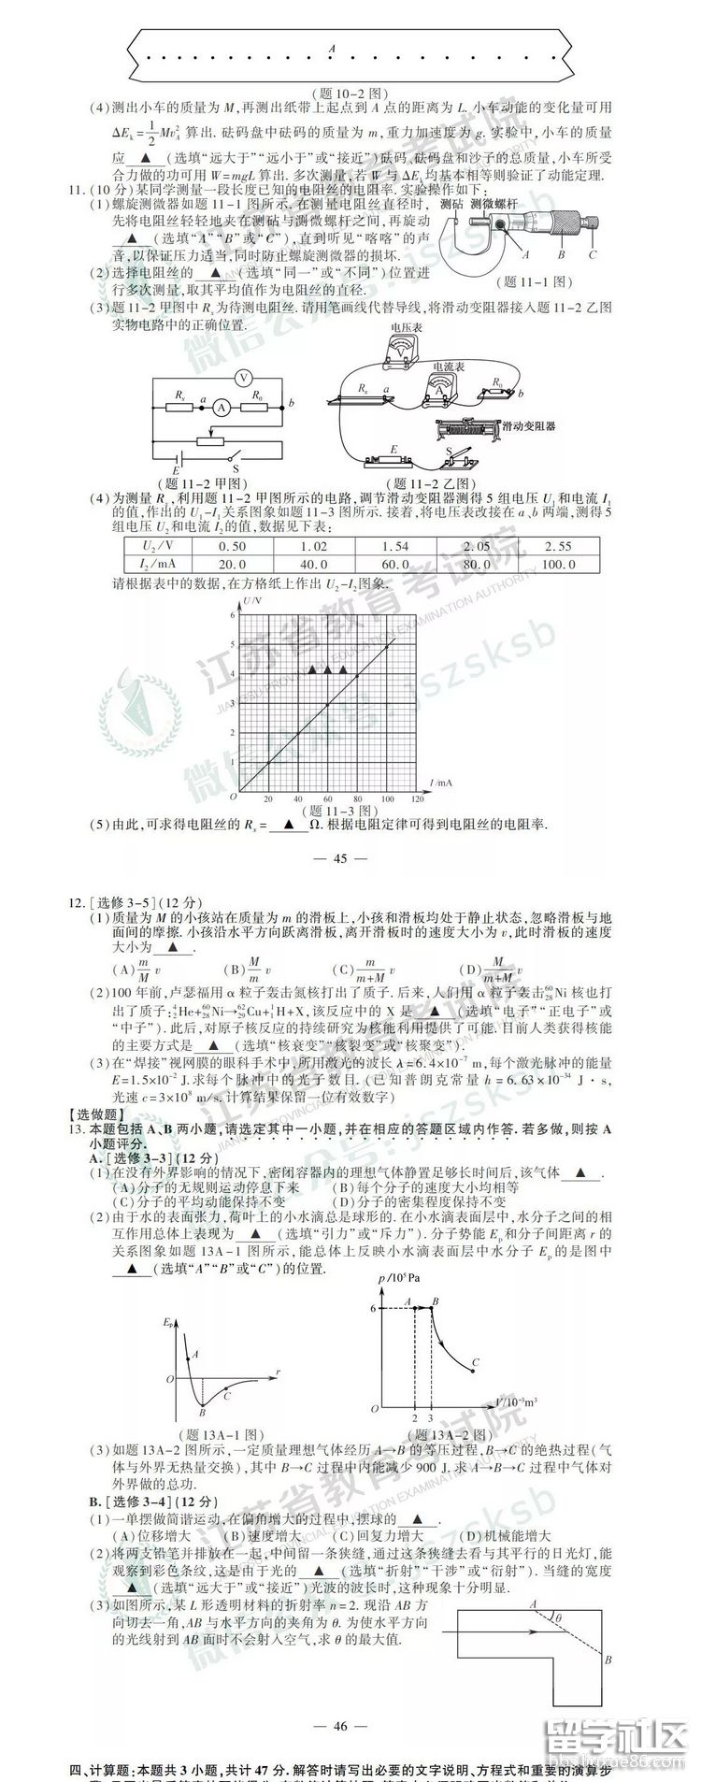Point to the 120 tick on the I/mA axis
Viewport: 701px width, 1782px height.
pyautogui.click(x=417, y=799)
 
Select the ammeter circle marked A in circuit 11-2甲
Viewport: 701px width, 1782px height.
pyautogui.click(x=221, y=408)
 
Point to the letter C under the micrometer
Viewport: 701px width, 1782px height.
pyautogui.click(x=593, y=253)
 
